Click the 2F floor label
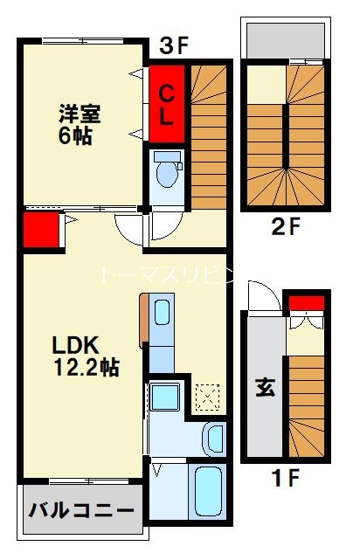(x=285, y=230)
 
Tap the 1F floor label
(x=285, y=479)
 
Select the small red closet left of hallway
(x=40, y=230)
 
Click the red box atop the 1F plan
(x=307, y=303)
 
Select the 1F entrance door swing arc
(x=260, y=296)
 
